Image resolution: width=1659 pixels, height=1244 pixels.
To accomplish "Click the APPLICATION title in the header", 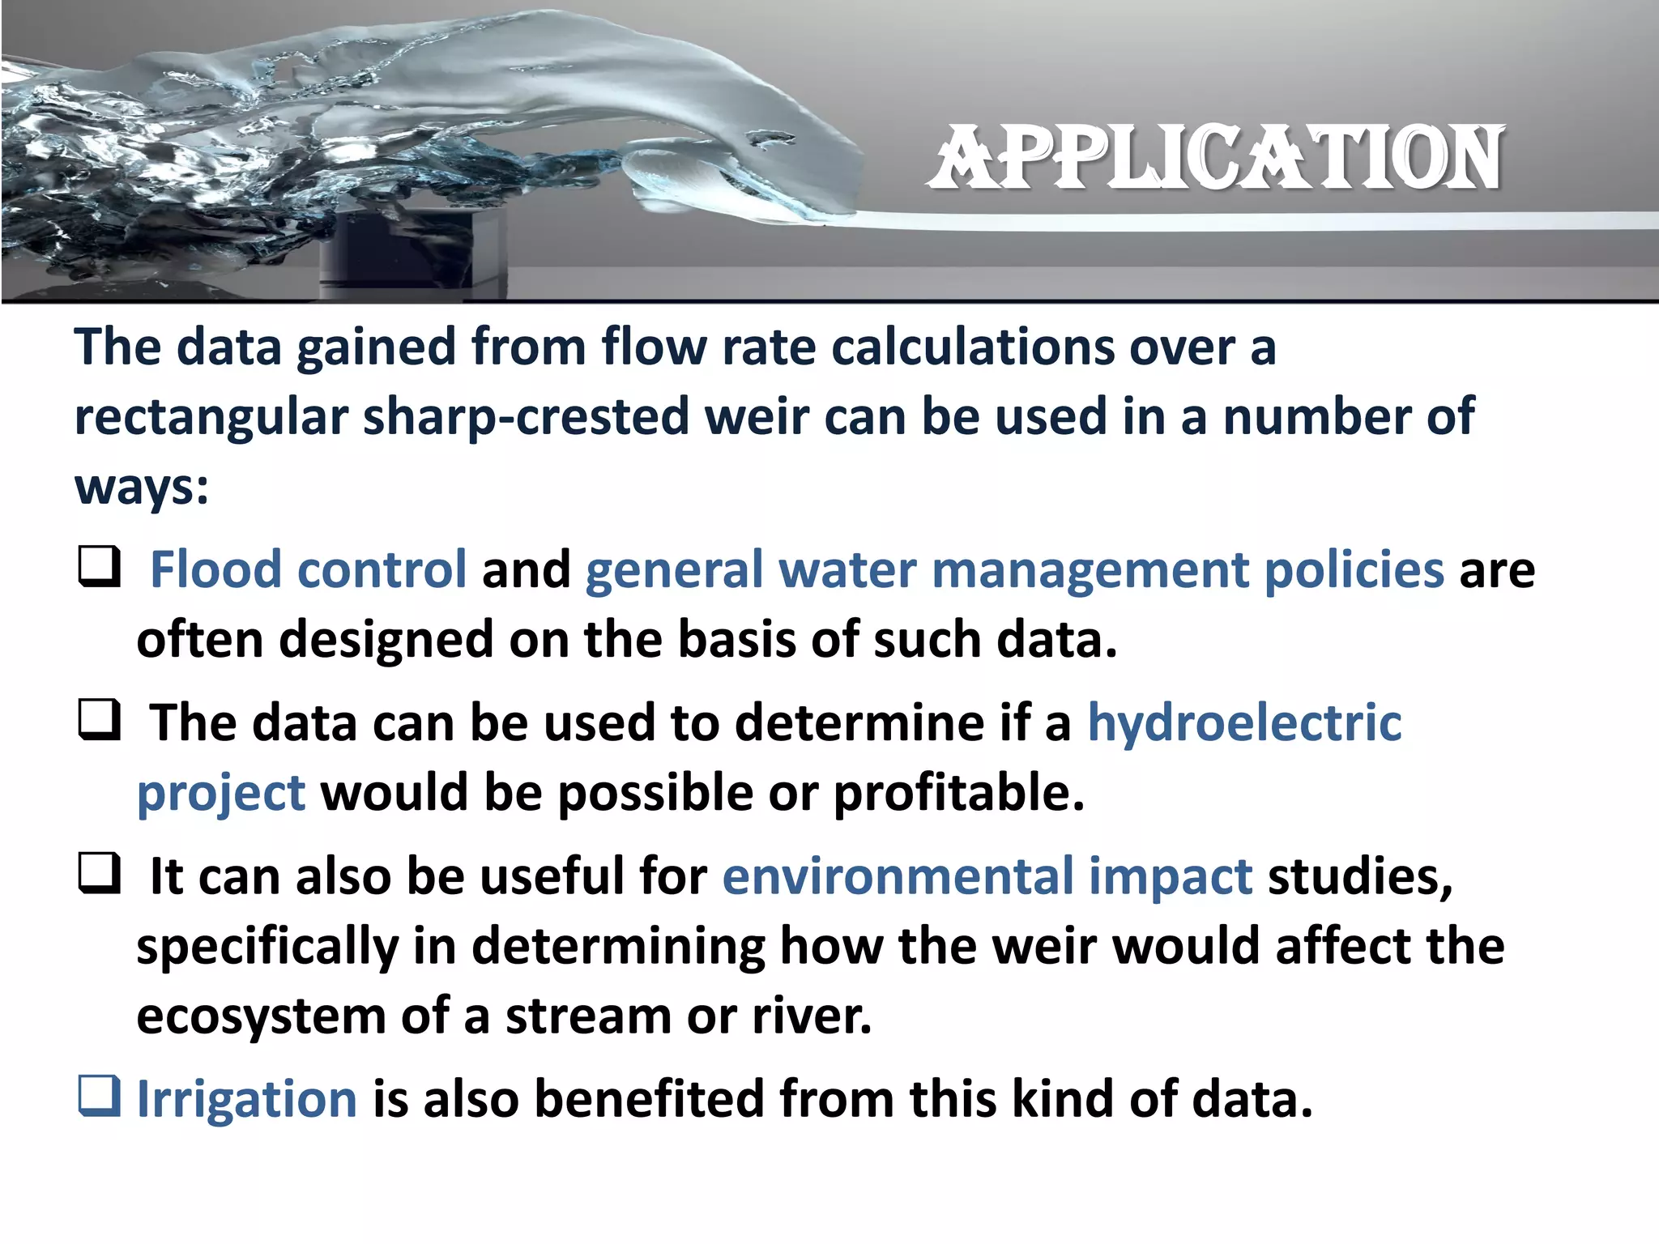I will coord(1216,158).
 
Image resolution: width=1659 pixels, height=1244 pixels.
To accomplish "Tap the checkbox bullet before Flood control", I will coord(99,567).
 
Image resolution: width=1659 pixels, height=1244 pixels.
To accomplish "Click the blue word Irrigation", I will coord(247,1099).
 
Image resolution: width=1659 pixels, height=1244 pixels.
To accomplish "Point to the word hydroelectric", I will coord(1244,722).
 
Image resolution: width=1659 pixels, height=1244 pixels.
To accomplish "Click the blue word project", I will coord(221,792).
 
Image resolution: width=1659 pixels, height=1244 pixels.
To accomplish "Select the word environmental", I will coord(898,876).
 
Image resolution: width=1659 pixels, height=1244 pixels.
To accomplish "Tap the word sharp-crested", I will coord(526,416).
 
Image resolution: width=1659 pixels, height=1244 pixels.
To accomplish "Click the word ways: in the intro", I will coord(142,488).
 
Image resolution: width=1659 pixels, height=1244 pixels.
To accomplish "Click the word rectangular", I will coord(211,416).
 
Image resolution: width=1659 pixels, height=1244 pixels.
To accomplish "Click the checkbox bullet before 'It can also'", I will coord(99,873).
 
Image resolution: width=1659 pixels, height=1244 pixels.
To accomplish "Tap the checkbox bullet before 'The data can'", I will coord(99,720).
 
